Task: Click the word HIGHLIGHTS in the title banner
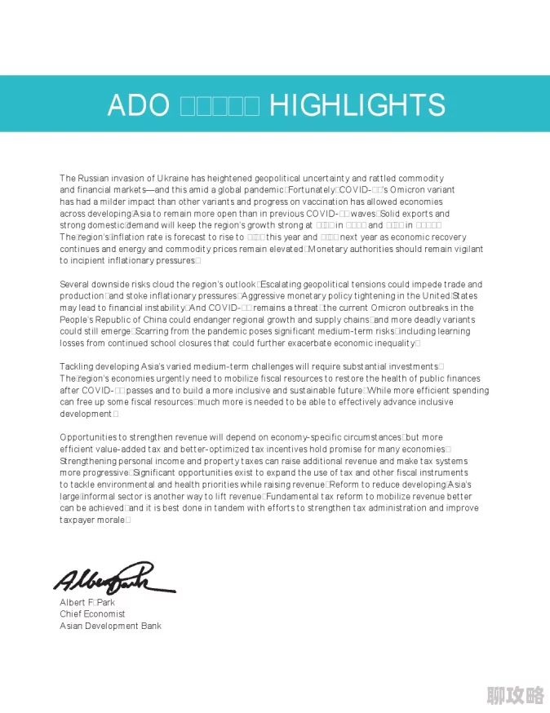tap(357, 105)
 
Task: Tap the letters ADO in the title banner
tap(138, 105)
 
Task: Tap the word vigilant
tap(464, 249)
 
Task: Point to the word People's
tap(78, 320)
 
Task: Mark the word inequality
tap(392, 343)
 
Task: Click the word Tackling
tap(78, 367)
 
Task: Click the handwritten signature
tap(113, 578)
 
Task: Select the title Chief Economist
tap(92, 614)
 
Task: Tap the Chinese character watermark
tap(515, 695)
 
